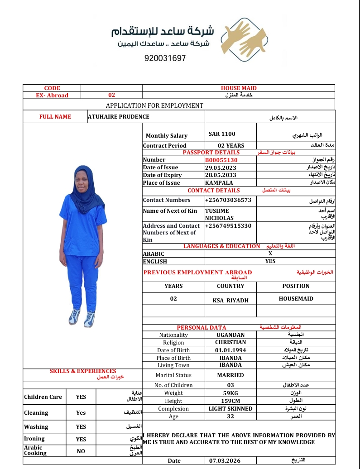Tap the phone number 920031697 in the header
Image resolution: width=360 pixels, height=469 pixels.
pyautogui.click(x=165, y=58)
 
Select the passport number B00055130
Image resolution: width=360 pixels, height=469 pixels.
pyautogui.click(x=221, y=160)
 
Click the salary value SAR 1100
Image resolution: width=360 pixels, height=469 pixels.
pyautogui.click(x=222, y=134)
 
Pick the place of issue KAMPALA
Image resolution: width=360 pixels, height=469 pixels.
pyautogui.click(x=219, y=183)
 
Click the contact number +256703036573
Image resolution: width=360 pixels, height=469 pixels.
pyautogui.click(x=228, y=200)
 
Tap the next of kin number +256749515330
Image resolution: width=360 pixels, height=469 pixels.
pyautogui.click(x=228, y=226)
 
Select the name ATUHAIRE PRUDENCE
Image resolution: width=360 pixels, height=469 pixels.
pyautogui.click(x=119, y=117)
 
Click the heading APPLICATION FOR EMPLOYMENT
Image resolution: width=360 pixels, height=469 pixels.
pyautogui.click(x=154, y=105)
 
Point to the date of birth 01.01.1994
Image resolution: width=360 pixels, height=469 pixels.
pyautogui.click(x=230, y=350)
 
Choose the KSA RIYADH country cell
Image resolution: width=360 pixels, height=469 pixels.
pyautogui.click(x=230, y=300)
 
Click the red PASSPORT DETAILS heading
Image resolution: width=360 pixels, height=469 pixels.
pyautogui.click(x=211, y=153)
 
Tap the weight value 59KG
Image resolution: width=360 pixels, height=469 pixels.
pyautogui.click(x=230, y=393)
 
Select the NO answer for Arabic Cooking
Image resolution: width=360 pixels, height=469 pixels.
pyautogui.click(x=81, y=451)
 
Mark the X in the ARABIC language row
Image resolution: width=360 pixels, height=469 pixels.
pyautogui.click(x=270, y=254)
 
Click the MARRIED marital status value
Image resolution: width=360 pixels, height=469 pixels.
pyautogui.click(x=230, y=375)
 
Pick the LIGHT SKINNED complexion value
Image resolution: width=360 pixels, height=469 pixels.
pyautogui.click(x=230, y=408)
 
